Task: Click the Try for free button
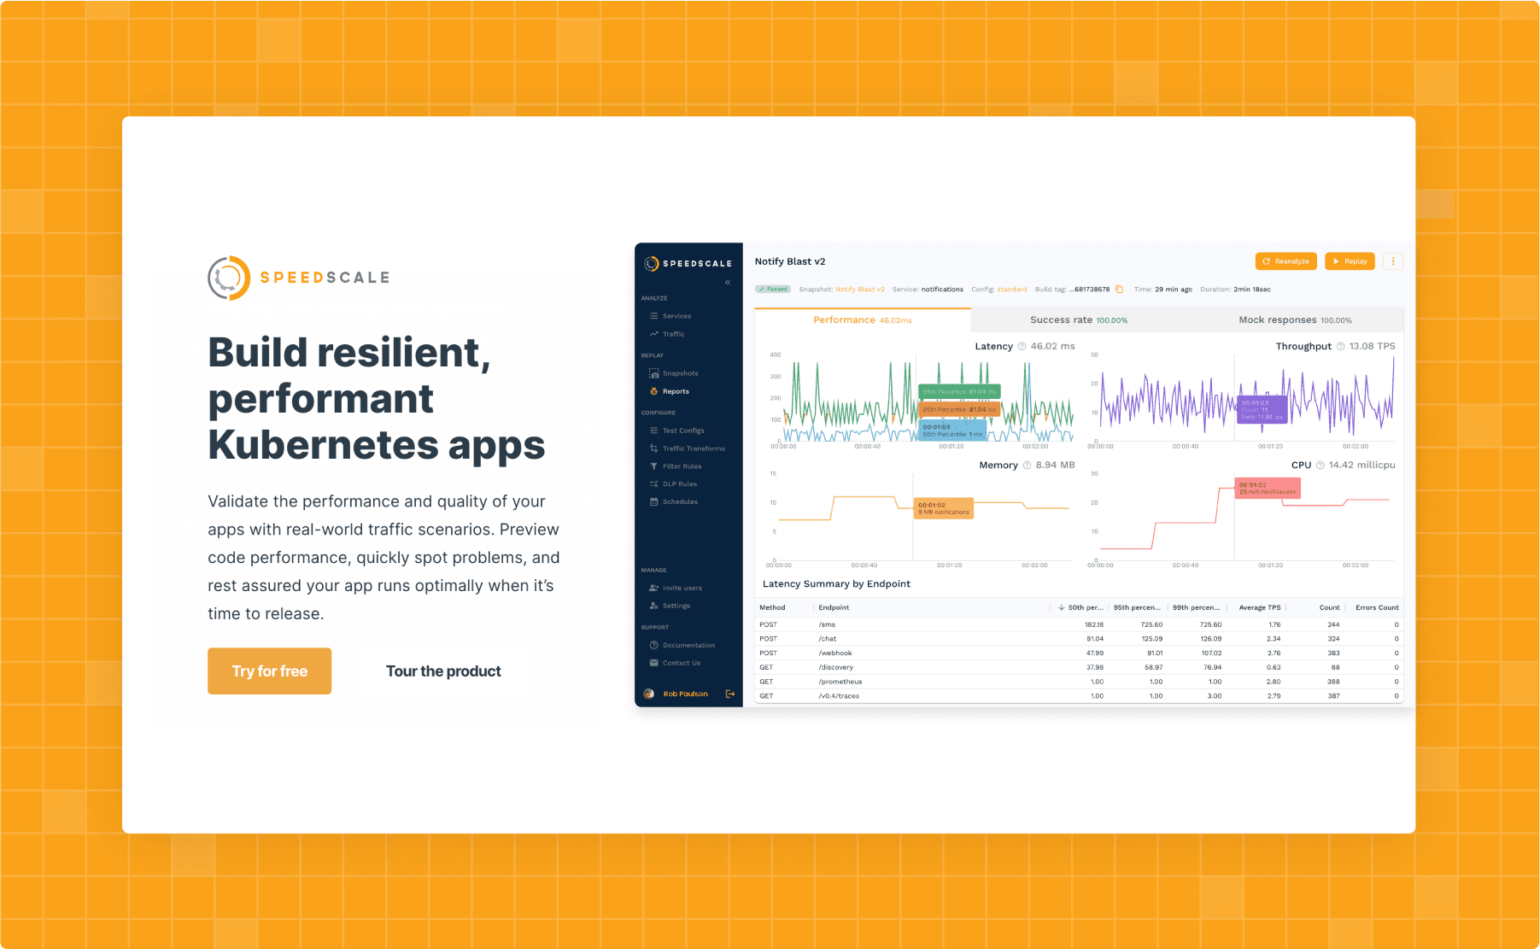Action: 269,671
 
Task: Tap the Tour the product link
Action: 443,671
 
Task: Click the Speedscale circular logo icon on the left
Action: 229,278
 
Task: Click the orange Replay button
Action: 1349,261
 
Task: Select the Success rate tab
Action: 1078,320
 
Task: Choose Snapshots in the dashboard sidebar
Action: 680,373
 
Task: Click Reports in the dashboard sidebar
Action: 675,391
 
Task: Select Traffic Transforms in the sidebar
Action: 693,448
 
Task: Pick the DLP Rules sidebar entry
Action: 679,484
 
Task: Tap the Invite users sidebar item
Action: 682,588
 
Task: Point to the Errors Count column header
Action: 1376,607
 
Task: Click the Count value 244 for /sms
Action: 1332,624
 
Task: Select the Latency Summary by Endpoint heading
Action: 835,584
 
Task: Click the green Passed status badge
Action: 772,289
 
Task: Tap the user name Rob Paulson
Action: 685,694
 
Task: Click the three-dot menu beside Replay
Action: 1392,261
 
